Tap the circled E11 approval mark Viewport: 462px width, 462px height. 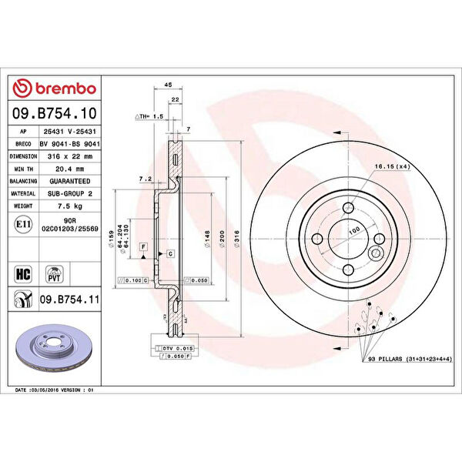[22, 224]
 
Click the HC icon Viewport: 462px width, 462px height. [22, 273]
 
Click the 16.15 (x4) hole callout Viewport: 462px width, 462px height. [389, 166]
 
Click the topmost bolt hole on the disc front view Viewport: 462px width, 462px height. [348, 207]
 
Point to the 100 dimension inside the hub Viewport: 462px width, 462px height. [355, 229]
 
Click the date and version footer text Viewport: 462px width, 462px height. [54, 390]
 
